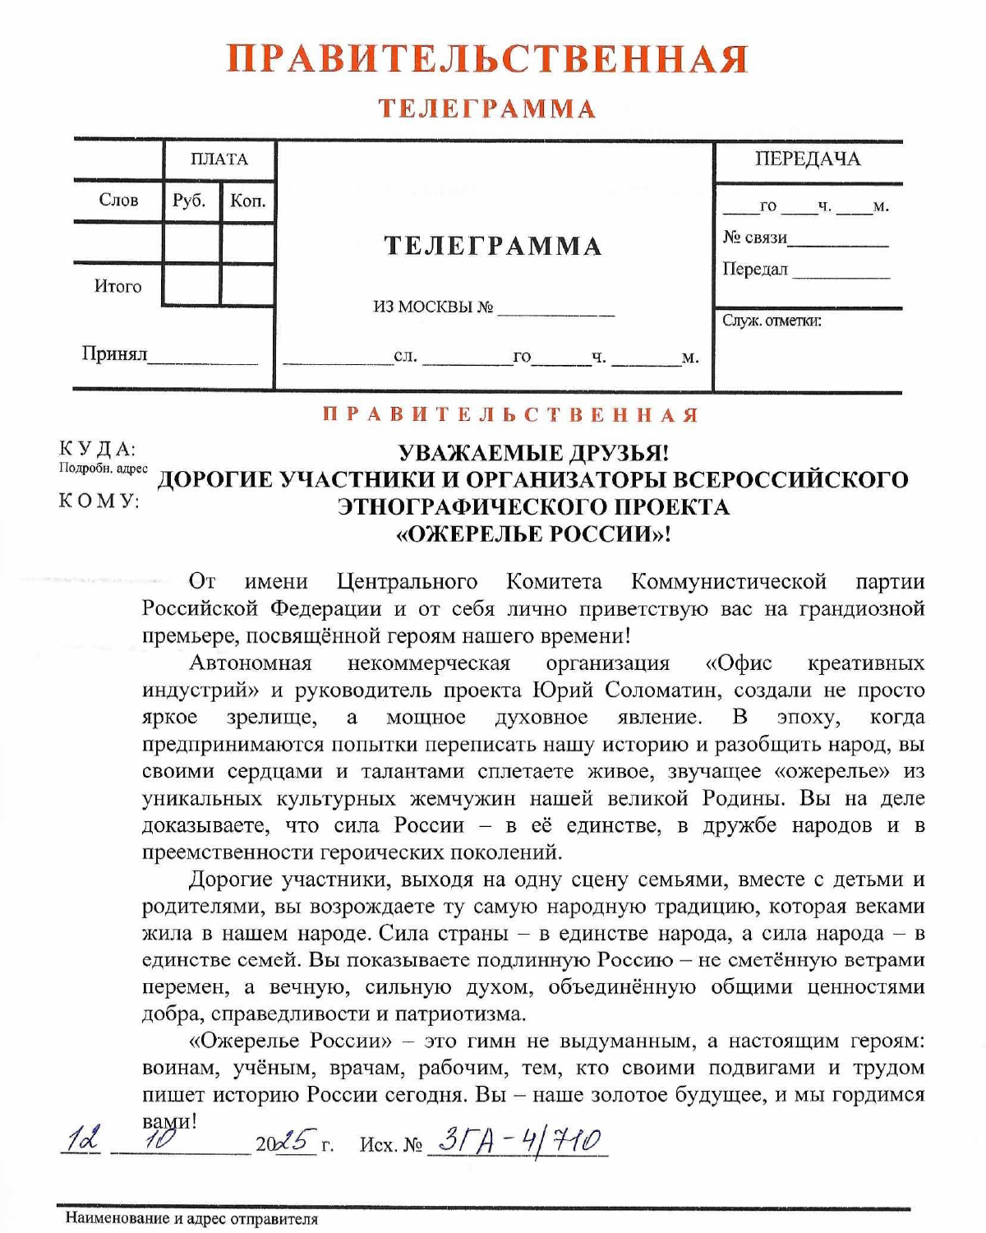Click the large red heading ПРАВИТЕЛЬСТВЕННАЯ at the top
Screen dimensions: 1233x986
(486, 59)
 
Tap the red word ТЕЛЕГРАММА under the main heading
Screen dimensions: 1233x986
(486, 109)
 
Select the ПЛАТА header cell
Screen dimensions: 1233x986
(219, 159)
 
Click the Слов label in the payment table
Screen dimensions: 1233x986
(118, 201)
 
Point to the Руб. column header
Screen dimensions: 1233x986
(189, 201)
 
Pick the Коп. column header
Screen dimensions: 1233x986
(247, 201)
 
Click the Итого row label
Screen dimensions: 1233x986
(118, 287)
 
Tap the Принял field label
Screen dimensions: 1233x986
(114, 354)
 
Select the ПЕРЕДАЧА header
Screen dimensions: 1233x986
(808, 159)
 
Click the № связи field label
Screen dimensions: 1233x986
(755, 238)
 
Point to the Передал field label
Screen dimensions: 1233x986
(755, 270)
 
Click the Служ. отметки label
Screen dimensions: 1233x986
(772, 321)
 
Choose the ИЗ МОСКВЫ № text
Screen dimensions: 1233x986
(433, 307)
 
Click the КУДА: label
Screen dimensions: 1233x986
(97, 449)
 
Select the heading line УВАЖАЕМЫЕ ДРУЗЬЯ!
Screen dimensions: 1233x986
(533, 453)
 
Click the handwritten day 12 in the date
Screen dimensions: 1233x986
(83, 1140)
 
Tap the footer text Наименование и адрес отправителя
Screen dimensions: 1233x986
(191, 1219)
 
